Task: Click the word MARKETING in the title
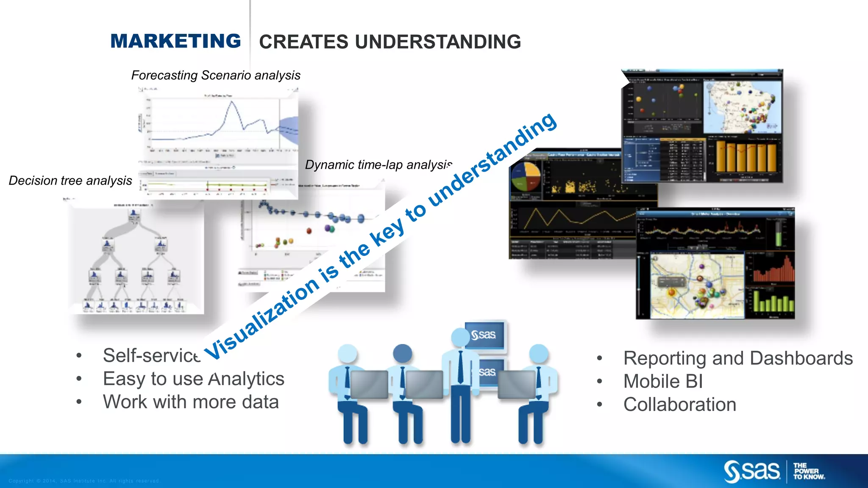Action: [175, 41]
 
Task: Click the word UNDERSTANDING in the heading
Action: [438, 42]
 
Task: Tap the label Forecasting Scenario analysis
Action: [216, 75]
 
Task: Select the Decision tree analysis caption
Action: [70, 181]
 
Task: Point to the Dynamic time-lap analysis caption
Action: [378, 165]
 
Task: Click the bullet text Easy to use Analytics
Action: [193, 379]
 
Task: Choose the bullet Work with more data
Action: [191, 402]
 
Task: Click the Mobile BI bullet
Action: [663, 381]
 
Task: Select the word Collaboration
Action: [679, 405]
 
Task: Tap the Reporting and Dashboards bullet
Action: [737, 358]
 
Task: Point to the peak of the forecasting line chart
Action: [231, 102]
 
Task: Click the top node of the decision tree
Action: [134, 214]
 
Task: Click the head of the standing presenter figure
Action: [460, 337]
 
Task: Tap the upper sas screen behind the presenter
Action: [484, 335]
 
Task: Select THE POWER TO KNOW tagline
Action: [809, 471]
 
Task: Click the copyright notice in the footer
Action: [84, 481]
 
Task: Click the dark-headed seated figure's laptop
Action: [424, 384]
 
